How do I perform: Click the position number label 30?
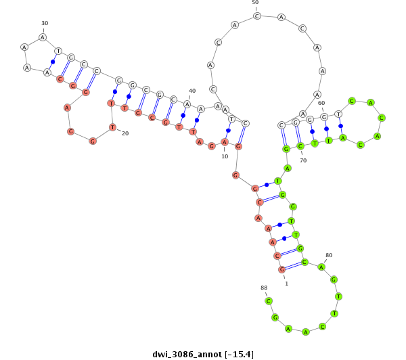coord(45,23)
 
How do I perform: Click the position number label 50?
coord(255,2)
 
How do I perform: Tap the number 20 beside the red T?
coord(125,133)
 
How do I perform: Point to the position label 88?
coord(264,288)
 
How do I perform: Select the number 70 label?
coord(303,160)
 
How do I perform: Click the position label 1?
coord(286,284)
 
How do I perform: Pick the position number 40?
coord(192,91)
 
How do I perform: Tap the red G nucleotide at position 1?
coord(281,269)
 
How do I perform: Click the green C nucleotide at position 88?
coord(269,301)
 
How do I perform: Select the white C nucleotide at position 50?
coord(257,16)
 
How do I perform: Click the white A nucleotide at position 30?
coord(43,37)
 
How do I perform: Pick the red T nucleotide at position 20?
coord(112,127)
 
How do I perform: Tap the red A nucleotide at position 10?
coord(224,142)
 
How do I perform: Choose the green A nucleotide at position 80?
coord(321,267)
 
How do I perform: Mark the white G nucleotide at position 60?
coord(324,117)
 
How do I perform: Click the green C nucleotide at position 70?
coord(300,146)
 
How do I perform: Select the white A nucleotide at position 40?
coord(187,104)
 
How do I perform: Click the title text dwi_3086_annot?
coord(187,355)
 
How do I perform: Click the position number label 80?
coord(329,255)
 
